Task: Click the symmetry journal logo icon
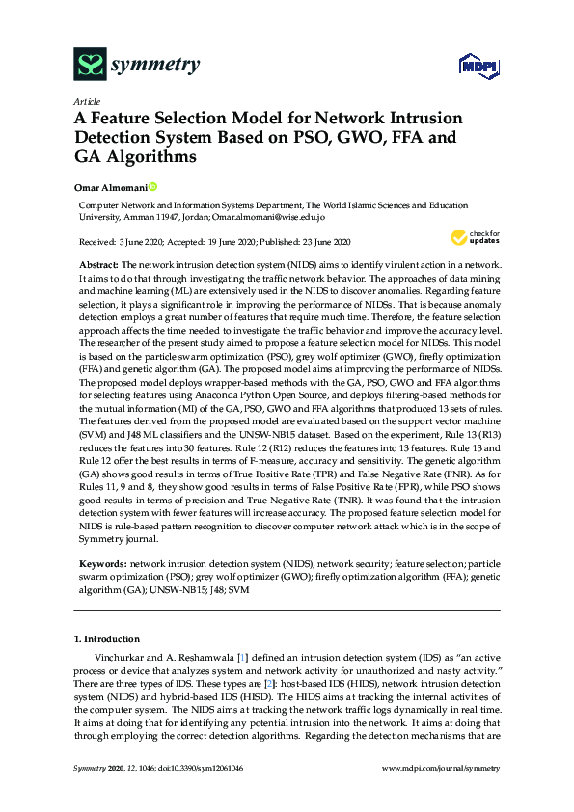[90, 65]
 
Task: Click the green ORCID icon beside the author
[151, 186]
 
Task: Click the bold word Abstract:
[98, 264]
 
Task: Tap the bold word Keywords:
[102, 561]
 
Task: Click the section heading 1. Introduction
[107, 639]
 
